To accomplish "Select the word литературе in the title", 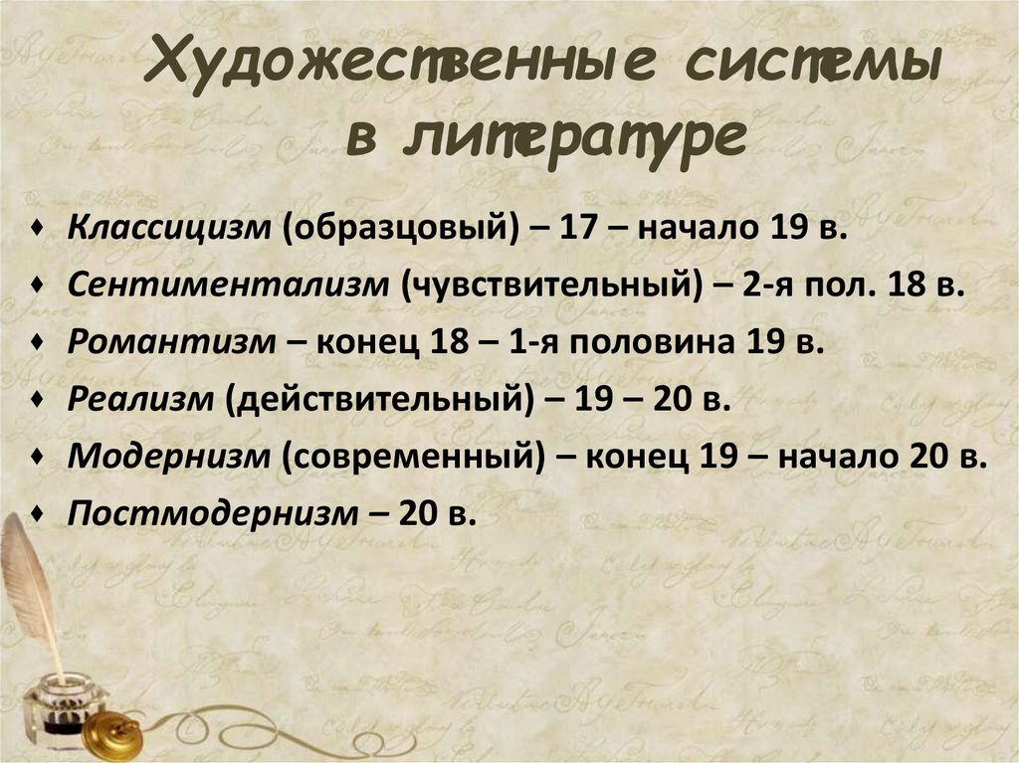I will coord(573,139).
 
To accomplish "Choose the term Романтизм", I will coord(170,342).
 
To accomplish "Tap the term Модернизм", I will coord(169,458).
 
